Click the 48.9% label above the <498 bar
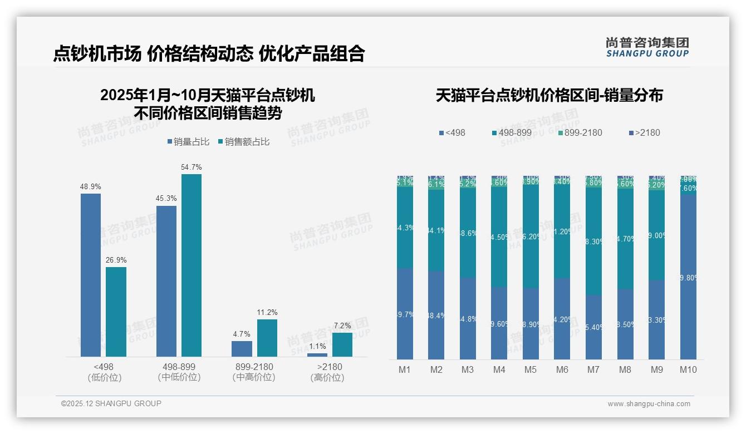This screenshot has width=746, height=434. [x=91, y=187]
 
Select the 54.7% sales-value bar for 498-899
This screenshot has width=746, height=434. [x=192, y=265]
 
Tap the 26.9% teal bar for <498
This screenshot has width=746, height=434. [x=116, y=312]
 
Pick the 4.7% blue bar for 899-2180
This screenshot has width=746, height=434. [x=242, y=349]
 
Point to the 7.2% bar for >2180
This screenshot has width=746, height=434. [x=342, y=344]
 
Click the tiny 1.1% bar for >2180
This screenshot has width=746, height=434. [x=317, y=355]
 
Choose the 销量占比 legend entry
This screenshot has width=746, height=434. [x=188, y=142]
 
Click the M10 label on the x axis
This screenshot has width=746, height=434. [x=688, y=369]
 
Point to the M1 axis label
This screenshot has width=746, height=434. [x=405, y=369]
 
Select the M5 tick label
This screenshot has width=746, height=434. [x=531, y=369]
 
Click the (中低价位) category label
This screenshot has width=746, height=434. [x=179, y=377]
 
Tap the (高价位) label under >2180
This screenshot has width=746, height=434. [x=327, y=377]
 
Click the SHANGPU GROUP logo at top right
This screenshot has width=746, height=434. [x=647, y=47]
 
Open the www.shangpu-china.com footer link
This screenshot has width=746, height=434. [x=649, y=404]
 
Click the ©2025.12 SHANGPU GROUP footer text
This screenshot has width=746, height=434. [x=111, y=403]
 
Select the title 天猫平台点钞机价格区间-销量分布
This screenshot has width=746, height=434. [x=549, y=96]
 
